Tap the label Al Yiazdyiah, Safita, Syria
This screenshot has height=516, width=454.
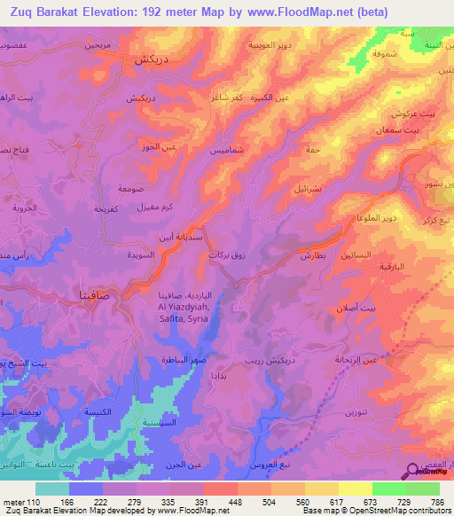184,309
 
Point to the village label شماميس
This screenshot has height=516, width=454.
203,152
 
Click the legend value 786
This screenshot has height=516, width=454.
441,502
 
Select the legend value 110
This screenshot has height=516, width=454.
34,502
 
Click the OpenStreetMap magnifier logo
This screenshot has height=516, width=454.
413,472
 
